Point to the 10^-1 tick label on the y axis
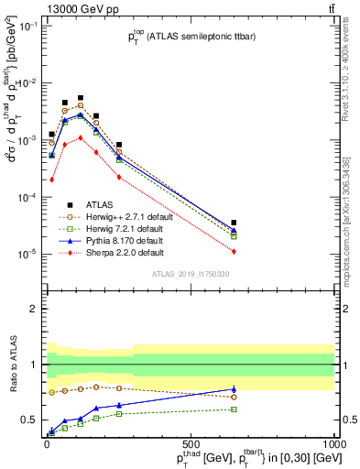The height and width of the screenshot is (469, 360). click(27, 27)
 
